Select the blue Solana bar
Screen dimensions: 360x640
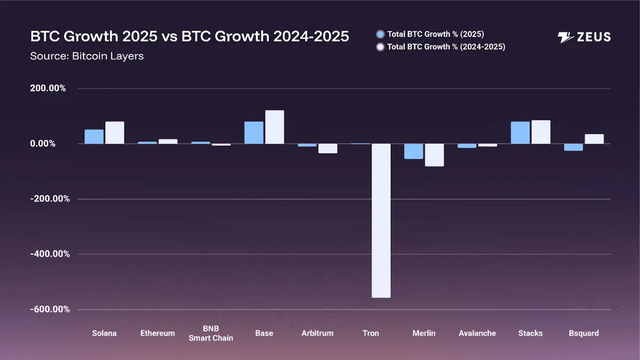pos(94,136)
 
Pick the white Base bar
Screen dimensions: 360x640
pos(274,127)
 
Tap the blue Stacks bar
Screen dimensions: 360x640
pos(520,132)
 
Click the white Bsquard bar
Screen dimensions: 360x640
pos(594,139)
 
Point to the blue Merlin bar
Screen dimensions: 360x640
pos(414,151)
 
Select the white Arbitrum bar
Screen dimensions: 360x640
pos(328,149)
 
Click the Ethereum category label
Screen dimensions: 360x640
pos(158,333)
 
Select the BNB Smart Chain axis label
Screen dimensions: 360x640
pos(211,333)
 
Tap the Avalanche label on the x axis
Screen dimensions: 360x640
pos(477,333)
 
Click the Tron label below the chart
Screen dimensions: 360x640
pos(371,333)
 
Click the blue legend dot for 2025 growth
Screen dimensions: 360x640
pos(381,34)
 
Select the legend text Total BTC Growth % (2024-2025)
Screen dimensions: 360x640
pos(446,47)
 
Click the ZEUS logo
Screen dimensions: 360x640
pos(584,37)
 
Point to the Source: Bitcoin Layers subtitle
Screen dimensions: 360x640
pos(87,56)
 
